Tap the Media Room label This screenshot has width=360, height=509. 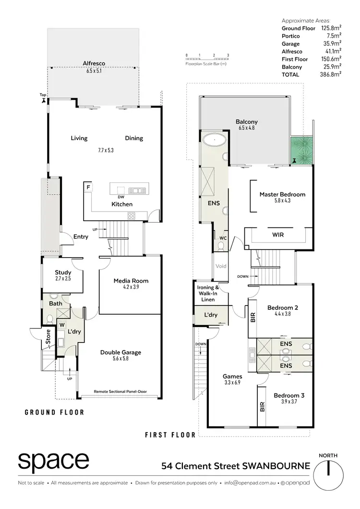(131, 281)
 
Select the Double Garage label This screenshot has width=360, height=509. (120, 352)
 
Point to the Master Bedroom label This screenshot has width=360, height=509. (282, 194)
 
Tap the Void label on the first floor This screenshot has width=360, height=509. (221, 266)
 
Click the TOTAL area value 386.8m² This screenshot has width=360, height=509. (331, 74)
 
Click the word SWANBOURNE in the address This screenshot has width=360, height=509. (276, 465)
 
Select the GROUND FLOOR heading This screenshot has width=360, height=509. (54, 412)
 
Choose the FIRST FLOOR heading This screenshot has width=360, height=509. (170, 435)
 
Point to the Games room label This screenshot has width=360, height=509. (232, 376)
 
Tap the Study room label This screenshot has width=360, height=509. (63, 272)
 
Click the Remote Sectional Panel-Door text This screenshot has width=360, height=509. (120, 391)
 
